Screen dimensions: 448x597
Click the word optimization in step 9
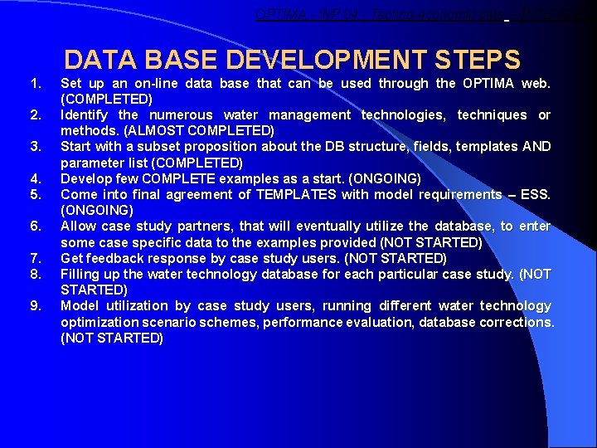(x=100, y=322)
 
